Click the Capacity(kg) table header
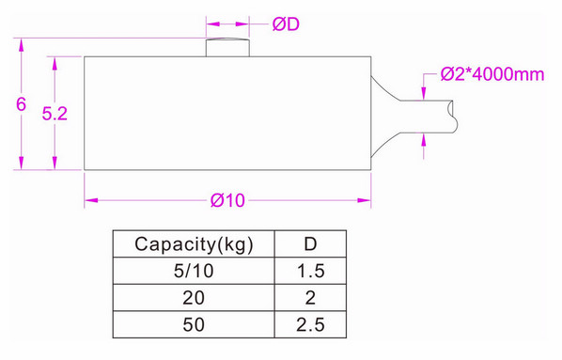[x=193, y=245]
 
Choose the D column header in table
[x=309, y=245]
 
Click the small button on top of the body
[x=228, y=47]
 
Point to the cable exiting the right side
[x=432, y=114]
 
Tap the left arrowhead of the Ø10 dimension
[x=89, y=199]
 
